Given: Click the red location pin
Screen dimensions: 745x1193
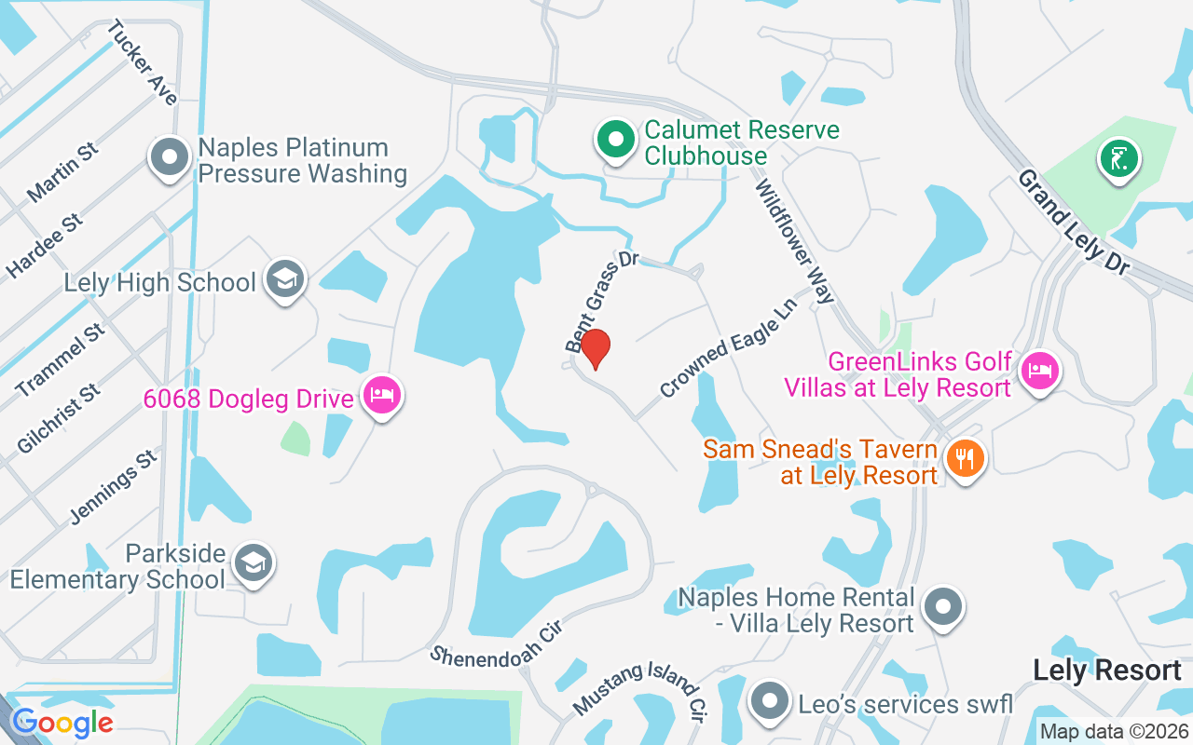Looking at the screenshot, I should click(596, 348).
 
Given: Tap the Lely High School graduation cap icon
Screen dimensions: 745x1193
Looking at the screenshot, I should click(285, 278).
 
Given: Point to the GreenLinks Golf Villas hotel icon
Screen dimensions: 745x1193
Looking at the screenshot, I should click(1039, 372).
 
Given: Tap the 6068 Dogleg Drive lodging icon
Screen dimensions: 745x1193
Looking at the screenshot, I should click(381, 396).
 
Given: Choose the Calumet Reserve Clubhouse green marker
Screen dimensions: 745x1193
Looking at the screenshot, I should click(614, 141).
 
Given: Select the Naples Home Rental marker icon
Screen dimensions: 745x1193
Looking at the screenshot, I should click(943, 608).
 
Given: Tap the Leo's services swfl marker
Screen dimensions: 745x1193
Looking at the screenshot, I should click(769, 702).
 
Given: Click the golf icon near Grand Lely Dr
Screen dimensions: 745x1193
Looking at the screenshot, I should click(1118, 158).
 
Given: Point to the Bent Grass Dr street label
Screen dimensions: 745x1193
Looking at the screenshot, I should click(602, 300).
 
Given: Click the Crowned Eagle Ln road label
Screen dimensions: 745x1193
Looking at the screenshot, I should click(730, 347).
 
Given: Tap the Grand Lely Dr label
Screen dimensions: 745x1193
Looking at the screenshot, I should click(1073, 222).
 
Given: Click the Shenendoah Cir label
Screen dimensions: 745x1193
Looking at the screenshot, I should click(500, 643).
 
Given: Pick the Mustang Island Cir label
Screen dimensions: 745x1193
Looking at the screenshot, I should click(638, 690).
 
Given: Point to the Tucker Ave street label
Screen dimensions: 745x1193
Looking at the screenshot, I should click(143, 62).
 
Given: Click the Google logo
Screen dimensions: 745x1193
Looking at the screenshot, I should click(62, 723).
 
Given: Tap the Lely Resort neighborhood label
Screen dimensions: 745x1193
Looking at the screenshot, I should click(1107, 670).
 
